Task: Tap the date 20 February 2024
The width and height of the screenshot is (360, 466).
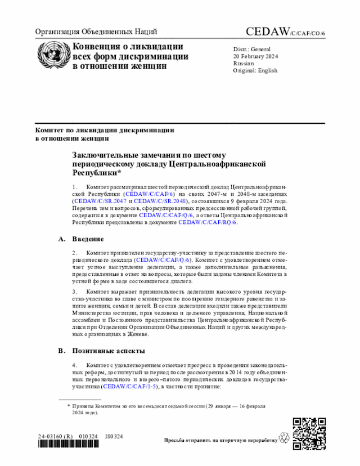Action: click(x=256, y=56)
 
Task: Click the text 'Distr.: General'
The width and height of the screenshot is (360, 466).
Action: click(x=252, y=49)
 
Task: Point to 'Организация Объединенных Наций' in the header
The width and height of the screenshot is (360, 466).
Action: click(x=96, y=32)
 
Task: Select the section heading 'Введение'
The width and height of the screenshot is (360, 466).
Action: click(x=88, y=239)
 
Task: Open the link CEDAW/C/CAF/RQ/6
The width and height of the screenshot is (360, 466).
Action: click(x=208, y=222)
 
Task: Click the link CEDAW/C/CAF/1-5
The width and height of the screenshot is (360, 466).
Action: click(x=132, y=387)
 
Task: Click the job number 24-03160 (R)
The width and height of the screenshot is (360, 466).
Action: click(x=56, y=436)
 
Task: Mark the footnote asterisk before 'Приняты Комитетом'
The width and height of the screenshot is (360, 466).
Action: click(x=68, y=405)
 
